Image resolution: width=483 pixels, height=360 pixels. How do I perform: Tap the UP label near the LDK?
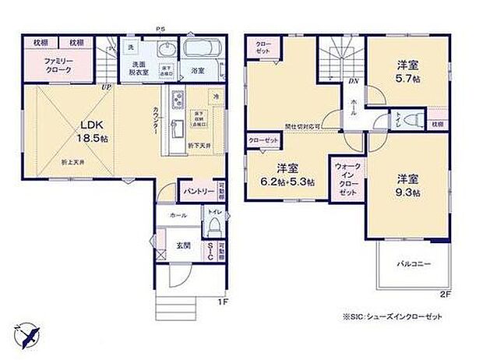point(105,87)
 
